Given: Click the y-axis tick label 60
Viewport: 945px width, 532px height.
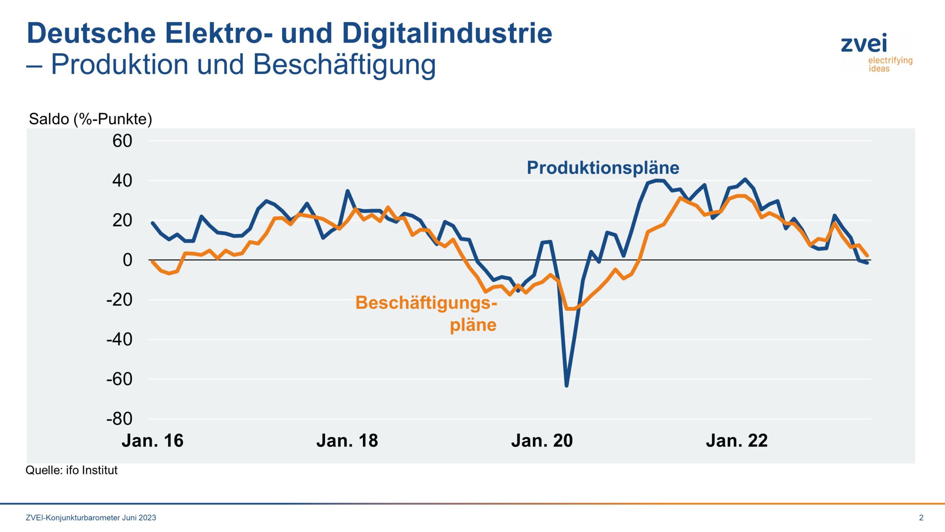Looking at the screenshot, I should (x=122, y=141).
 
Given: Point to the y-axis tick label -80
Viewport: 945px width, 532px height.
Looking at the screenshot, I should (x=119, y=419).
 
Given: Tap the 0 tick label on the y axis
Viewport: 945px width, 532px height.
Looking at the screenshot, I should (x=127, y=260).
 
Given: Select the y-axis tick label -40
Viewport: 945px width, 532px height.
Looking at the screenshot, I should (x=119, y=340).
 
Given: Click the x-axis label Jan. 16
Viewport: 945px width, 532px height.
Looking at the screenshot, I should (x=152, y=441).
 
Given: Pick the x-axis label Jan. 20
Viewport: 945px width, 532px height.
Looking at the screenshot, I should (x=542, y=441).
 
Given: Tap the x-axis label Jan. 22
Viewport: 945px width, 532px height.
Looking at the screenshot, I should (x=736, y=441).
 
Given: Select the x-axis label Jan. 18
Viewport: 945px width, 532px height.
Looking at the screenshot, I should (x=347, y=441).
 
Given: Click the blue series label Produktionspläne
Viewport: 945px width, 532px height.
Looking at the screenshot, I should (x=603, y=168).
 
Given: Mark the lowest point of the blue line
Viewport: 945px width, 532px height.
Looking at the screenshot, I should (x=567, y=386).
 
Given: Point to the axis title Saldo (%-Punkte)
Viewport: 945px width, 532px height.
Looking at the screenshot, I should (x=90, y=119).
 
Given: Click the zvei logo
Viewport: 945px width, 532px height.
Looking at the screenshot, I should (x=864, y=43).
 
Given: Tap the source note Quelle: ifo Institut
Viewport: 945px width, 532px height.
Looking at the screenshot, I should (x=71, y=470).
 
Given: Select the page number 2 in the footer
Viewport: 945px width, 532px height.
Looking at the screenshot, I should (x=921, y=518).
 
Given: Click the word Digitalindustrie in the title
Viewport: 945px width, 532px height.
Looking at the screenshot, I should (x=447, y=33).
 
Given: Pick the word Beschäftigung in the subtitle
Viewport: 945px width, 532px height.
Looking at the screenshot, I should (x=344, y=64).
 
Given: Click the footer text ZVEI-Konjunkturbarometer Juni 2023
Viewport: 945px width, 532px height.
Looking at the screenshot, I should (x=91, y=518).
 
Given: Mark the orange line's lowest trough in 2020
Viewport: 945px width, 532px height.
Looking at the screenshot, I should (x=571, y=309).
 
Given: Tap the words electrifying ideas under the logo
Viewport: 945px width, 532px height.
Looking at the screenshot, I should (x=890, y=65).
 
